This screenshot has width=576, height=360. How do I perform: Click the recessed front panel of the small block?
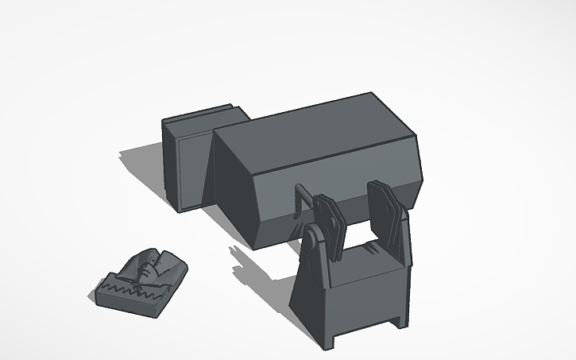tap(191, 171)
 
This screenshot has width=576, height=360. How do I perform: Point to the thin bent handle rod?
tap(300, 199)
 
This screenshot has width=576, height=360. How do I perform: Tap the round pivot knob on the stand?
tap(315, 237)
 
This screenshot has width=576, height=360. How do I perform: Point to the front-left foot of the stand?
tap(330, 342)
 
